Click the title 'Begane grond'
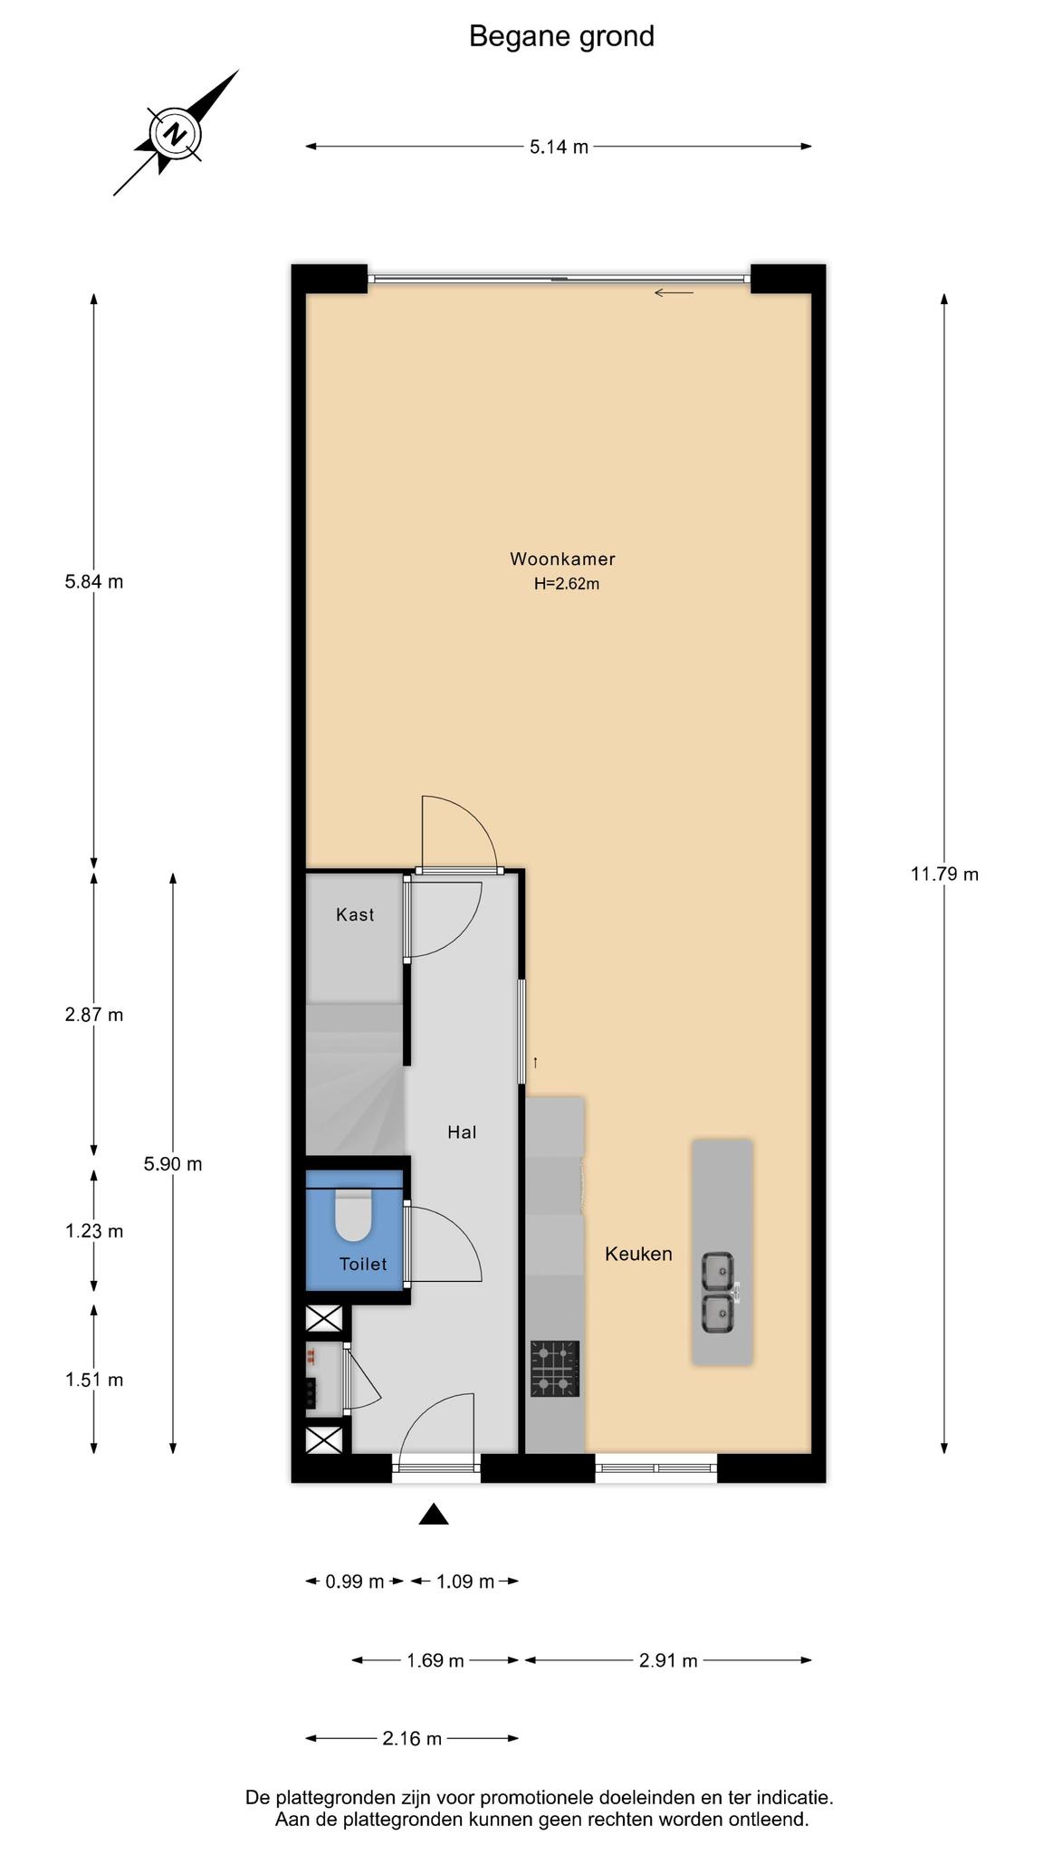(561, 36)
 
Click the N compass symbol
(177, 134)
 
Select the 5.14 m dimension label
(559, 147)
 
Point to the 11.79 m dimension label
(944, 874)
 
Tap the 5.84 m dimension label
(94, 582)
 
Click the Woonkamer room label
(562, 559)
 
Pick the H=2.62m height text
(567, 584)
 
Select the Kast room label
(355, 914)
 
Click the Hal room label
(462, 1132)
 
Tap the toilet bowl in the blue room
(354, 1215)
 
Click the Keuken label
(638, 1254)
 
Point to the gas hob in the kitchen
(555, 1369)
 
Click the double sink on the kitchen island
(721, 1293)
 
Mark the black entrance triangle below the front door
(434, 1514)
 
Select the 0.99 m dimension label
(355, 1582)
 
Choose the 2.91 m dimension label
(668, 1660)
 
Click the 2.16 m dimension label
(412, 1738)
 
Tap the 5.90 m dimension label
(173, 1164)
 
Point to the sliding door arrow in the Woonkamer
(674, 292)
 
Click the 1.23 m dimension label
(94, 1231)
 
